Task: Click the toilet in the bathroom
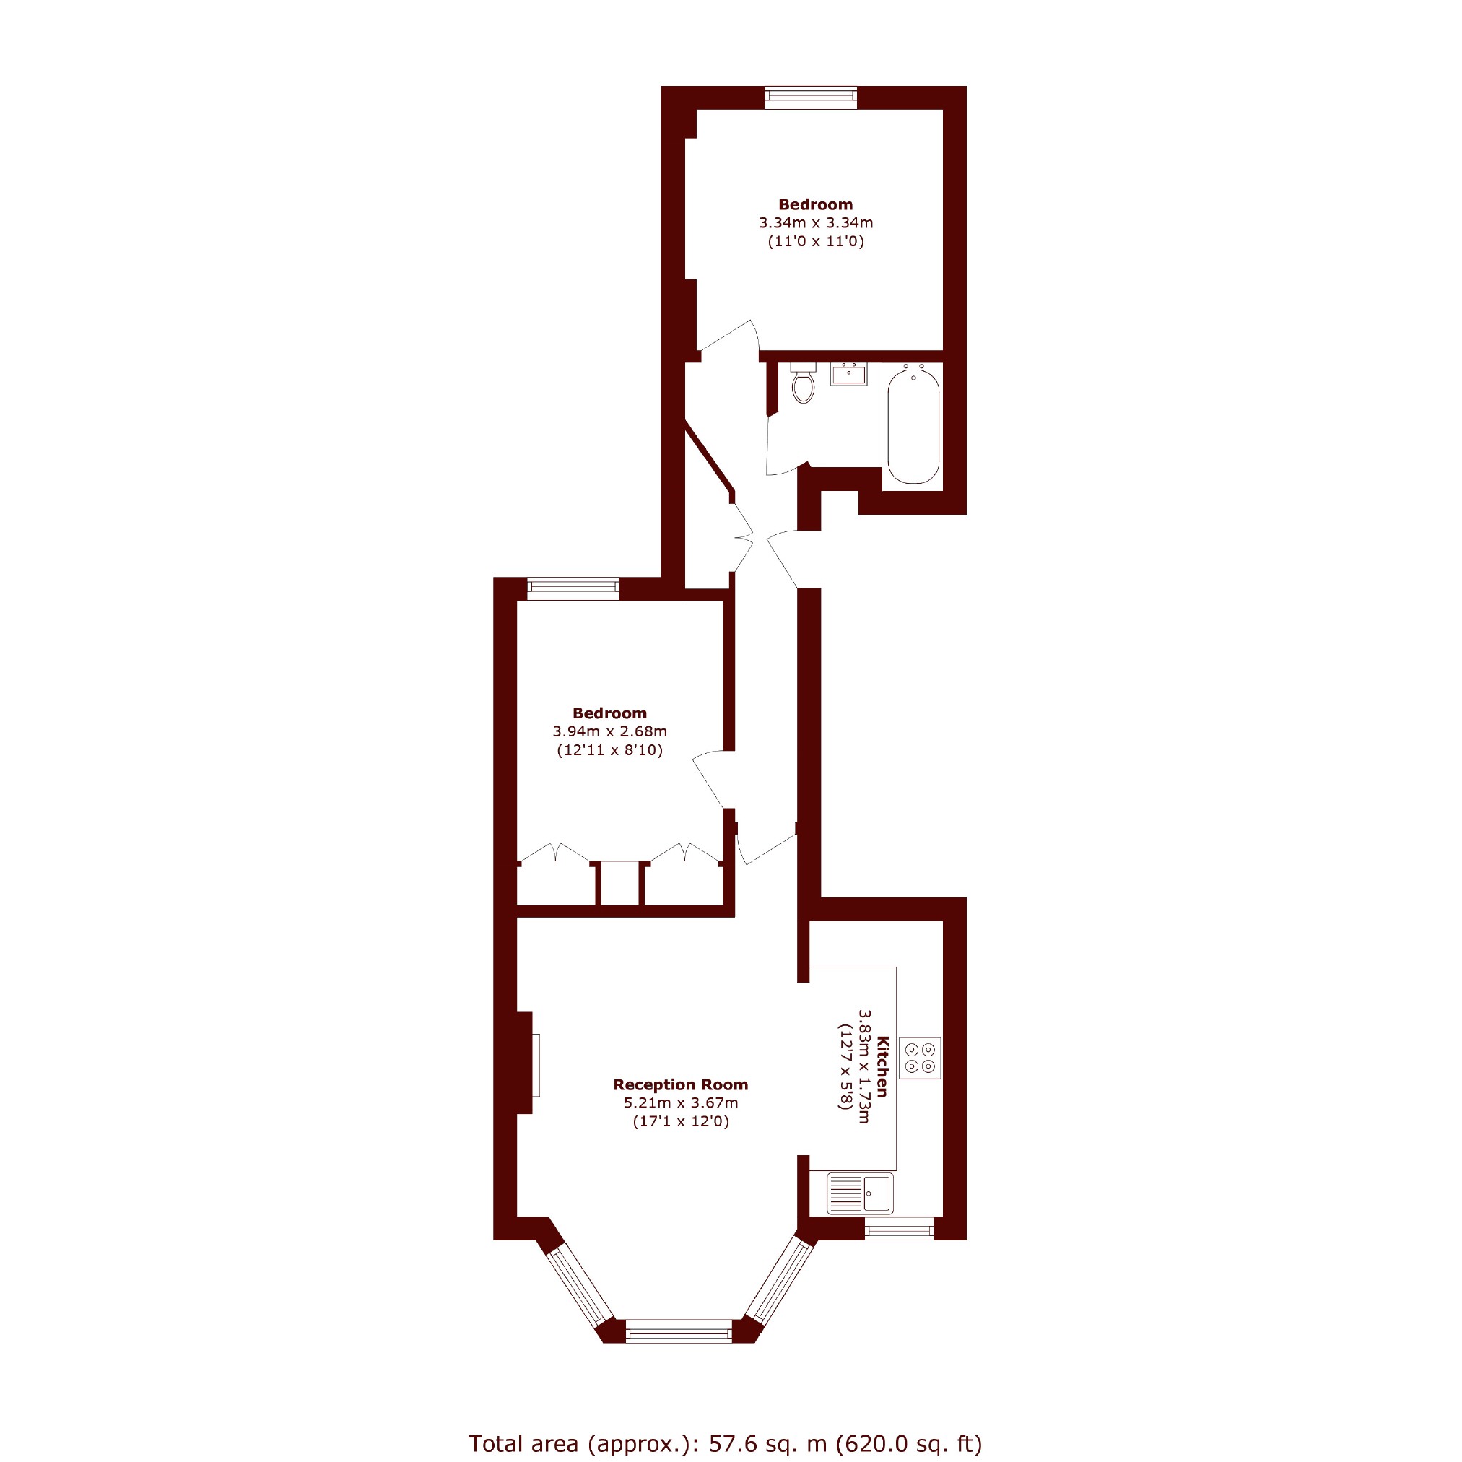pos(803,383)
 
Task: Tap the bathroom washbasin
pos(848,374)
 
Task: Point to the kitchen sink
pos(860,1193)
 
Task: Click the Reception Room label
pos(680,1084)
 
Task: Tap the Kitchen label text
pos(882,1066)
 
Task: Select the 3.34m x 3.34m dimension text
pos(816,223)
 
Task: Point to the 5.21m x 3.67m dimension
pos(680,1102)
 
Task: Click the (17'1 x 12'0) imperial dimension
pos(680,1121)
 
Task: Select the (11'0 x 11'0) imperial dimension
pos(816,242)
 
